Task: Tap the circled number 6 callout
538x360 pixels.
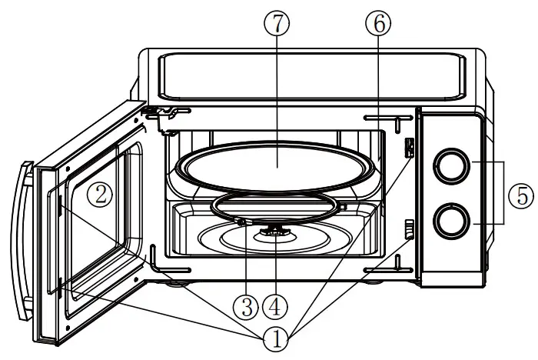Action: pos(378,24)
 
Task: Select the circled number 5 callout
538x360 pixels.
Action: pos(523,195)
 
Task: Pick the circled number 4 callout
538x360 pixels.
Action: pos(278,308)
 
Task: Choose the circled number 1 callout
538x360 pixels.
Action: pos(277,338)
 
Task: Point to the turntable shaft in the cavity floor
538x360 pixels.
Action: pos(275,228)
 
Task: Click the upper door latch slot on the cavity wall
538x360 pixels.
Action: pos(410,148)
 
